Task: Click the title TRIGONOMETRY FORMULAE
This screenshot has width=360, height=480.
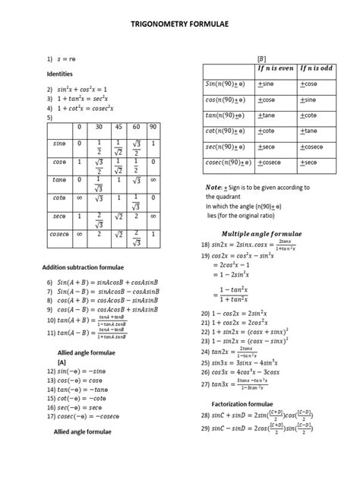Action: click(x=180, y=24)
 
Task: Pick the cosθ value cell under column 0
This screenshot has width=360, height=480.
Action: click(x=78, y=163)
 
